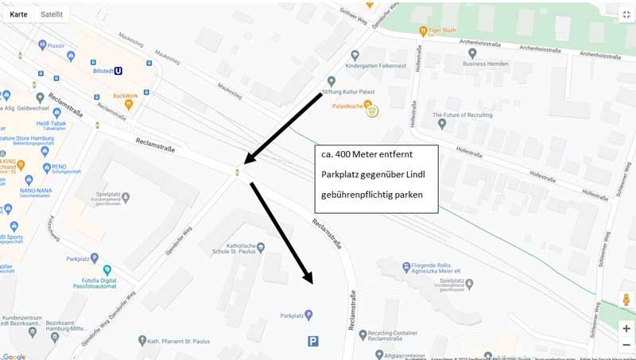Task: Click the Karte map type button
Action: (18, 14)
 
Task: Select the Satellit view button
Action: (55, 14)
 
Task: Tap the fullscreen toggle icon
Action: (625, 14)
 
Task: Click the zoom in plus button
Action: (626, 328)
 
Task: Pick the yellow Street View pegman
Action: (626, 300)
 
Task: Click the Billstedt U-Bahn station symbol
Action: (118, 70)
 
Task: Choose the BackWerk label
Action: (126, 96)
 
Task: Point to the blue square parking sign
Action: (314, 341)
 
